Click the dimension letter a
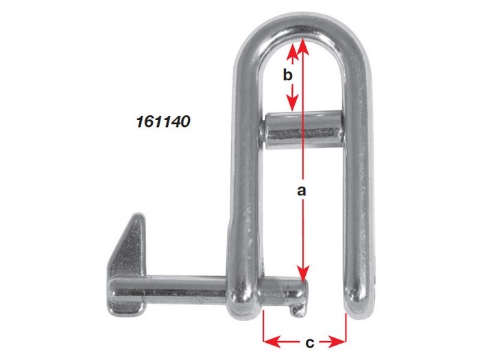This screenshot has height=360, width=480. pos(300,191)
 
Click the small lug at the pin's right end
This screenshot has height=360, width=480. pos(296,309)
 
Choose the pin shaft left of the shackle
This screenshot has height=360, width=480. pos(178,287)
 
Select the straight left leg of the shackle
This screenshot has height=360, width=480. pos(245,185)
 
